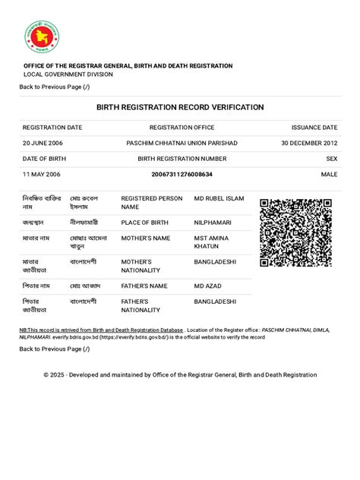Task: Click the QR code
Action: pyautogui.click(x=295, y=232)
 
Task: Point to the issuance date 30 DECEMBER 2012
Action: pyautogui.click(x=309, y=143)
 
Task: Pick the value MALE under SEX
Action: pyautogui.click(x=329, y=175)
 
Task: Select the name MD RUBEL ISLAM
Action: pyautogui.click(x=219, y=198)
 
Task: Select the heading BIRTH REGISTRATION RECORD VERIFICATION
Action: pyautogui.click(x=180, y=107)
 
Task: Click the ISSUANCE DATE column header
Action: pyautogui.click(x=314, y=127)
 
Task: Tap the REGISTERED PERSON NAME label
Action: pyautogui.click(x=152, y=202)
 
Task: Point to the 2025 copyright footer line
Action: pyautogui.click(x=180, y=374)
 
